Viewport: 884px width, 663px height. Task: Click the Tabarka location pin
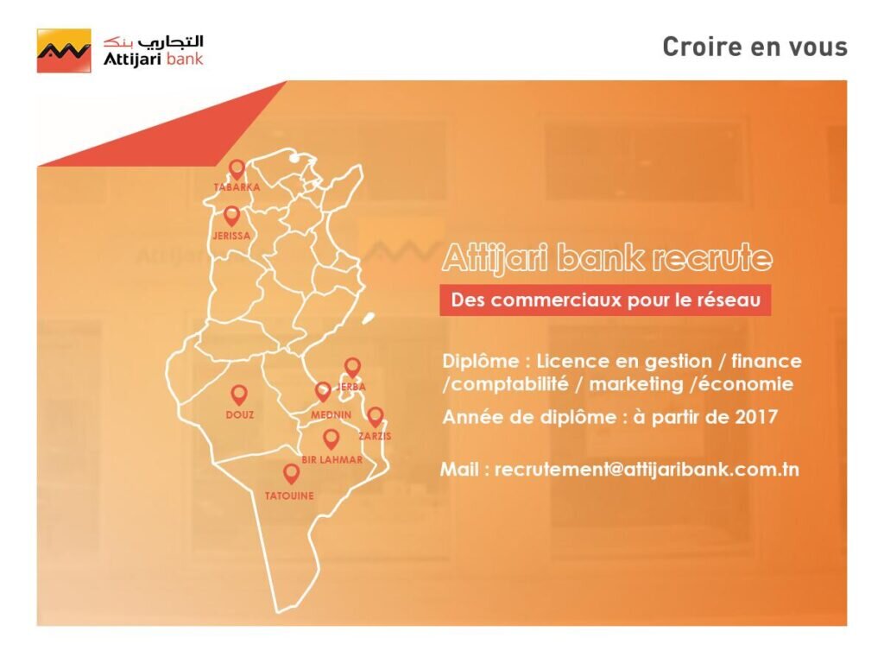click(237, 168)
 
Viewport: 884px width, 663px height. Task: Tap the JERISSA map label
click(230, 235)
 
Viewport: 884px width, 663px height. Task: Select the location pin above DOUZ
click(239, 395)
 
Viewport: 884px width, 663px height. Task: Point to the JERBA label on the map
click(353, 387)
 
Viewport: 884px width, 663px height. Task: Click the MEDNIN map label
click(331, 415)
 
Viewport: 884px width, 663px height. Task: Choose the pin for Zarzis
click(375, 417)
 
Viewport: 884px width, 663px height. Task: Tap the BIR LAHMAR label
click(331, 460)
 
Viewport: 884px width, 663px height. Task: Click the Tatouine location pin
click(291, 473)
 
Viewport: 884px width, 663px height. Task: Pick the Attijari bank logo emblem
click(63, 51)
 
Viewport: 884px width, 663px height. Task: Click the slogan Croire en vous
click(755, 47)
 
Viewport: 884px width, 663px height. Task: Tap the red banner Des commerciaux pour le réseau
click(605, 301)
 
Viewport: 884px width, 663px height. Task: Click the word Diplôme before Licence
click(483, 361)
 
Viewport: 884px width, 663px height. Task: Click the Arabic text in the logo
click(154, 41)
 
